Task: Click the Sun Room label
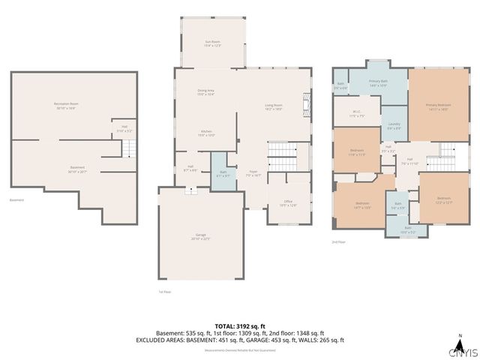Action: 213,43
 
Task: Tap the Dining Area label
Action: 205,92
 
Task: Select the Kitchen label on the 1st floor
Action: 206,133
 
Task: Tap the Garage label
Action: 201,237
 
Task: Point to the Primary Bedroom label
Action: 436,106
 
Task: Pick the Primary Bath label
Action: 378,83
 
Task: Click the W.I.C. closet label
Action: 356,115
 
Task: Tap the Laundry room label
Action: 394,127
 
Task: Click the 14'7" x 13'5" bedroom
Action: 361,205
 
